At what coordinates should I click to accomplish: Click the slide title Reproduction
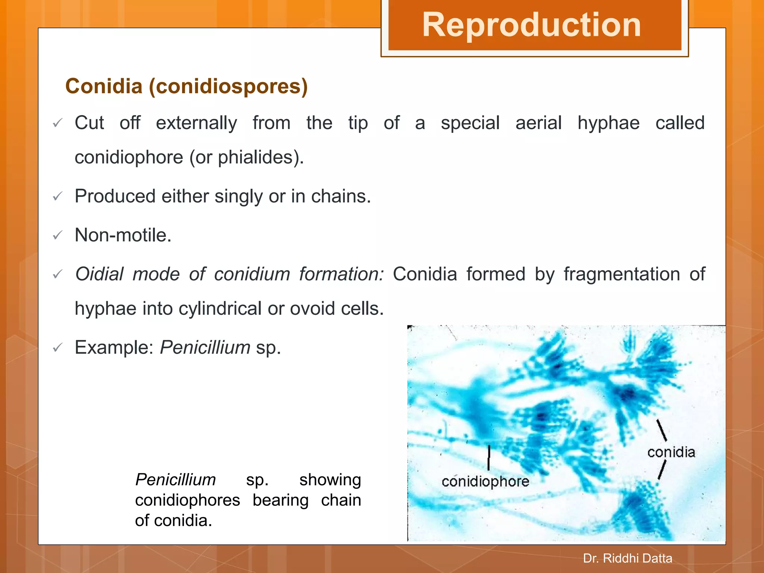(532, 25)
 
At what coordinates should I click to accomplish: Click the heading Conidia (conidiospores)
(187, 86)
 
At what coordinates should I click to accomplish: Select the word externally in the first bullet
(196, 123)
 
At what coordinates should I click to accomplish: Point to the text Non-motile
(123, 235)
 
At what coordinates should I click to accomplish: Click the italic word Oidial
(99, 274)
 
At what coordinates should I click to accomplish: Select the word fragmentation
(621, 274)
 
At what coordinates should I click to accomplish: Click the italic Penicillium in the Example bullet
(205, 348)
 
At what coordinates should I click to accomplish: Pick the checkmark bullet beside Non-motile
(57, 235)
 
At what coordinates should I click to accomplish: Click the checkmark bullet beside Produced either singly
(57, 196)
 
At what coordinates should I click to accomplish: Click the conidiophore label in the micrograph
(485, 482)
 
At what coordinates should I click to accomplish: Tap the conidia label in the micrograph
(671, 453)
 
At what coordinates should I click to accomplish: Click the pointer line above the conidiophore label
(489, 457)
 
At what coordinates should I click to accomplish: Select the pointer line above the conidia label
(661, 430)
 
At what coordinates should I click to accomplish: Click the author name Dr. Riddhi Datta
(627, 558)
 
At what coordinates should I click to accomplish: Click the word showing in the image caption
(330, 480)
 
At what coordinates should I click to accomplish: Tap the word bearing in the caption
(281, 500)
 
